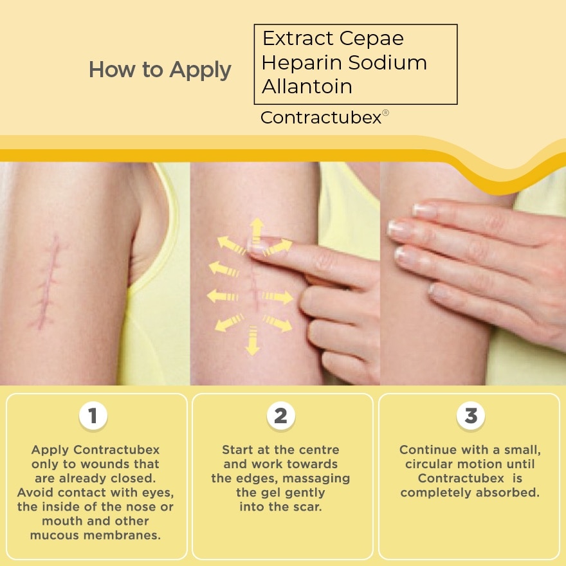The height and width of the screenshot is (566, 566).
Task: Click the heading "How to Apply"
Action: (x=160, y=69)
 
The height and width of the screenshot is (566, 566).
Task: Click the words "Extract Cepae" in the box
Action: (x=333, y=39)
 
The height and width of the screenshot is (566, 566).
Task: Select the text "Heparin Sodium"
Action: (x=344, y=63)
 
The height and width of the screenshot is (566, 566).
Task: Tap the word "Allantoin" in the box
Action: (x=307, y=86)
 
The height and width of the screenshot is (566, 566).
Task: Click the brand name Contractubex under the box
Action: (x=320, y=118)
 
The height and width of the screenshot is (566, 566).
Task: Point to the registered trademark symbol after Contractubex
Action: (x=386, y=113)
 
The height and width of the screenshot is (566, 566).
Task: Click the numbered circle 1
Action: (x=93, y=416)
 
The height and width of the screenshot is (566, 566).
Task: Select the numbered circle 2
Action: (x=281, y=416)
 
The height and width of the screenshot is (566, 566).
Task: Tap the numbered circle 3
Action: (x=470, y=416)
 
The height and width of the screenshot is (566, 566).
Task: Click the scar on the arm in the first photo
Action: (x=48, y=283)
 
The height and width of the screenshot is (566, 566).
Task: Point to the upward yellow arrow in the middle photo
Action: (x=256, y=229)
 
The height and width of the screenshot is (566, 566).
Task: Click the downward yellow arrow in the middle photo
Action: (x=253, y=341)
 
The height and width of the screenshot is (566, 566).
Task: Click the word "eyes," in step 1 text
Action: (x=157, y=493)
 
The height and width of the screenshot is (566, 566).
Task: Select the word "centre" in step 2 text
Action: (x=318, y=450)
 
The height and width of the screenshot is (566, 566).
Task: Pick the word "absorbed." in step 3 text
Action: (x=509, y=493)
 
